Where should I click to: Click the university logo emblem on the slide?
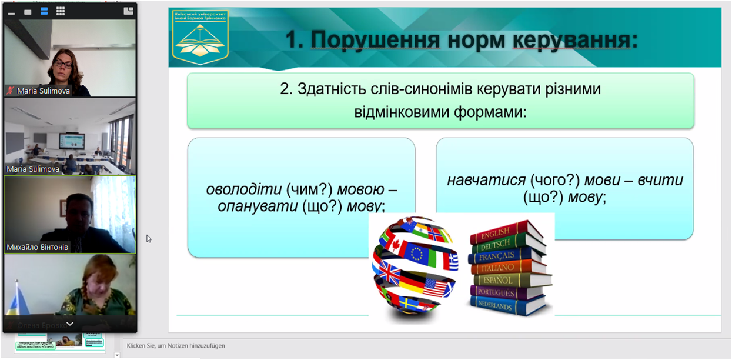(199, 38)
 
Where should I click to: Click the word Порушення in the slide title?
(375, 40)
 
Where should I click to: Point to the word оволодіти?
(243, 190)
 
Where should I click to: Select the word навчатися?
(486, 181)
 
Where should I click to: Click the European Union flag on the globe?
(417, 254)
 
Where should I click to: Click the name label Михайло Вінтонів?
(38, 247)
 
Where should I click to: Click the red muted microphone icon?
(10, 91)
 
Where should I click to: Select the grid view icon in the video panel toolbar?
(60, 11)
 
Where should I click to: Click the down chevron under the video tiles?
(69, 324)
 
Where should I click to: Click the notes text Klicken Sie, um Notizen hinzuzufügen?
(176, 346)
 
